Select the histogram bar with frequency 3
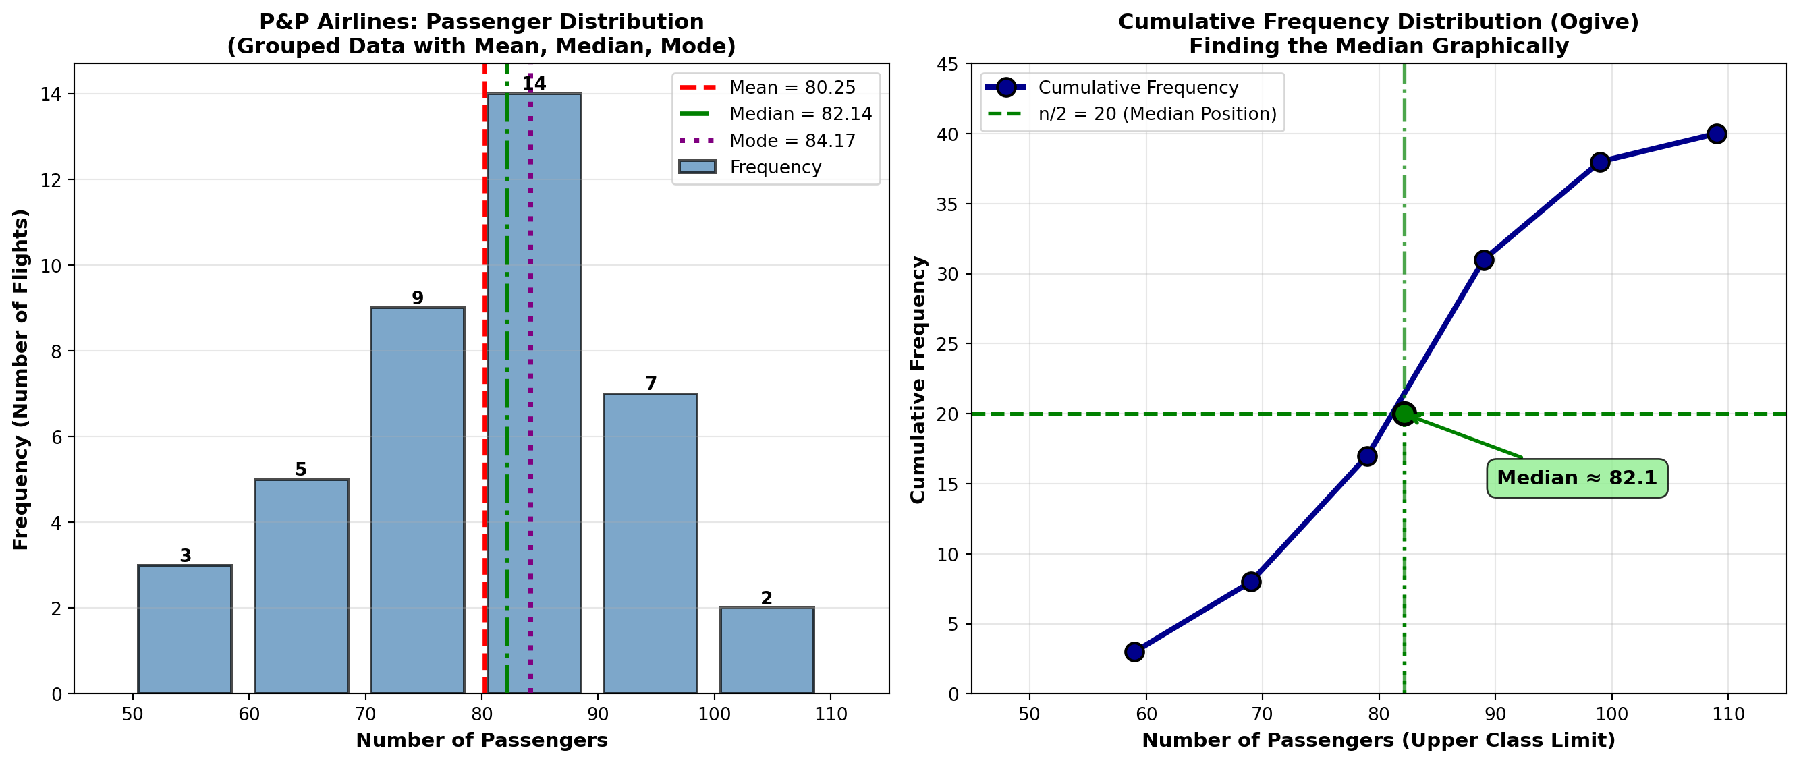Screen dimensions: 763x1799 (x=185, y=628)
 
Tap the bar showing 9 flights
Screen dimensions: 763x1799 (x=418, y=499)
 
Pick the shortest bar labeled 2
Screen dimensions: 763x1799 (x=767, y=650)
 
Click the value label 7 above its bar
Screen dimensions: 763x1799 (x=651, y=383)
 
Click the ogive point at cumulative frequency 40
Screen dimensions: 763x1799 (x=1717, y=134)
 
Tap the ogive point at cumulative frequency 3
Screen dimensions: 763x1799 (x=1134, y=651)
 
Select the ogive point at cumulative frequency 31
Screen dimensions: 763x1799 (x=1484, y=260)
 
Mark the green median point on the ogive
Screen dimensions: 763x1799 (x=1404, y=414)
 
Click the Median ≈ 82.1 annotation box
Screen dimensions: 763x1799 (x=1577, y=478)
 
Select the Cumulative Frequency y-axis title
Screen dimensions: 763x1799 (x=918, y=379)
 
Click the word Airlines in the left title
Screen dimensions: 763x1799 (x=366, y=22)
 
